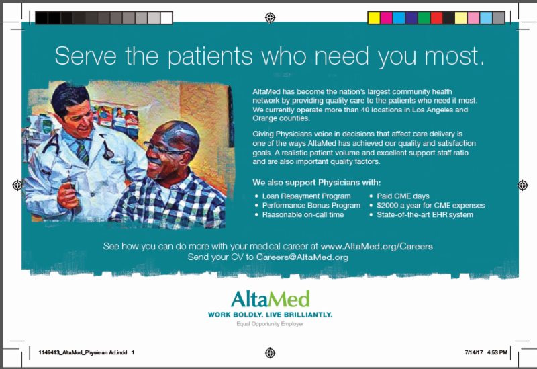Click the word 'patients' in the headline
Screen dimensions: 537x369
(210, 56)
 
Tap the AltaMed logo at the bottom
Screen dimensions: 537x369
(271, 298)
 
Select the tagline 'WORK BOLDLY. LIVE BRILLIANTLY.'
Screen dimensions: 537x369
(271, 315)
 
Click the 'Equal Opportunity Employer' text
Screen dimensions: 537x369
(270, 324)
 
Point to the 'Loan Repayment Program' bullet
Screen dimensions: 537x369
(307, 196)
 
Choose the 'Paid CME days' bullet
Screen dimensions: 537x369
(403, 196)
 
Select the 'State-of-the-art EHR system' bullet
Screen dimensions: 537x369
(425, 215)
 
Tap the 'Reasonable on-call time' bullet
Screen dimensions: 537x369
(303, 215)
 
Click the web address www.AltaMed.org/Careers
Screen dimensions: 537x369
(377, 247)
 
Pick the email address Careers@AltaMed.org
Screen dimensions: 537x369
(302, 257)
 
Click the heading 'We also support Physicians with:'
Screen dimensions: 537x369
(316, 182)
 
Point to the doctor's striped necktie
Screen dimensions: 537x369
(82, 151)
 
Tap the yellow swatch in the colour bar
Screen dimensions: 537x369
(374, 18)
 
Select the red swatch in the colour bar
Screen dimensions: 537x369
(436, 18)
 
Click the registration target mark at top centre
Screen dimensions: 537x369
(271, 17)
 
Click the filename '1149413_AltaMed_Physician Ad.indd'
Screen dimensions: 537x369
(83, 353)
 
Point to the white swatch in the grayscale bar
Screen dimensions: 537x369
(166, 18)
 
